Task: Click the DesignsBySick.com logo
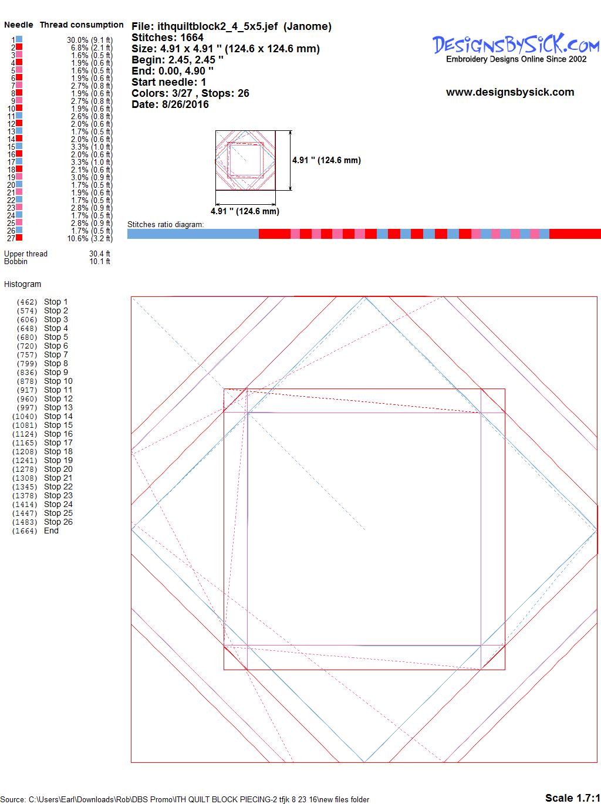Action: pyautogui.click(x=516, y=48)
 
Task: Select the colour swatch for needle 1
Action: pyautogui.click(x=19, y=39)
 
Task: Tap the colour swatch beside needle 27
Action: pyautogui.click(x=19, y=238)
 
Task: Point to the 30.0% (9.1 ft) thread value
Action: pyautogui.click(x=90, y=40)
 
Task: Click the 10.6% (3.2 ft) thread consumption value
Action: pyautogui.click(x=90, y=238)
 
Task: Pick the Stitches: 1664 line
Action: pyautogui.click(x=167, y=38)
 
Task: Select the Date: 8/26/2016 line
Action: pyautogui.click(x=170, y=104)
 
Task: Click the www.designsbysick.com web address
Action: pyautogui.click(x=510, y=92)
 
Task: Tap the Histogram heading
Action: pyautogui.click(x=22, y=284)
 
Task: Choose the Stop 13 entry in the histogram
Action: pyautogui.click(x=58, y=407)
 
